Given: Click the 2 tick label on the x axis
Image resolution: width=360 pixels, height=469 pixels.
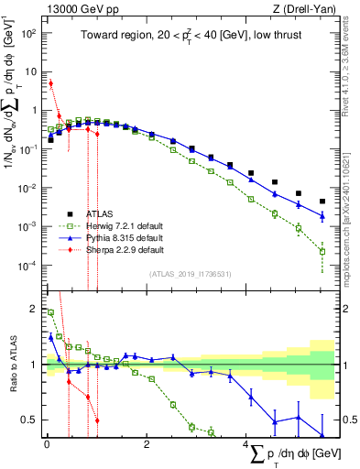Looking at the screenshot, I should click(x=147, y=446).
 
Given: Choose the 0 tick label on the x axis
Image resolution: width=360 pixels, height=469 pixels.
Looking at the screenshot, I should click(x=47, y=446).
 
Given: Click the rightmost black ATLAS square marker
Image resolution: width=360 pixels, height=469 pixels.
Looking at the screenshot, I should click(x=322, y=202).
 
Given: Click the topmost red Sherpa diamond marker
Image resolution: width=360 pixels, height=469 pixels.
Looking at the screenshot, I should click(x=50, y=83).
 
